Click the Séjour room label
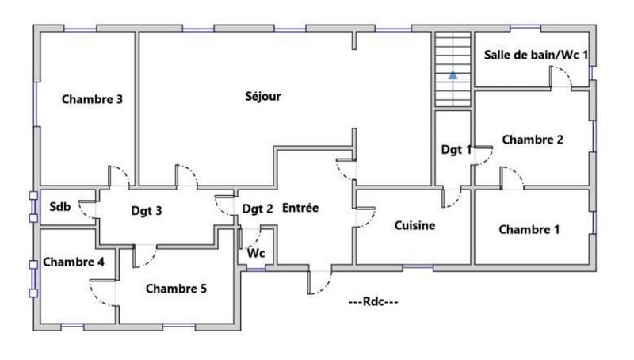pyautogui.click(x=263, y=97)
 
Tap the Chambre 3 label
pyautogui.click(x=92, y=100)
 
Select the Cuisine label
pyautogui.click(x=414, y=226)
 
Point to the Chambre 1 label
pyautogui.click(x=529, y=230)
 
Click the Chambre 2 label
pyautogui.click(x=533, y=140)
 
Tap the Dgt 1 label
pyautogui.click(x=456, y=149)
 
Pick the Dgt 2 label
pyautogui.click(x=258, y=209)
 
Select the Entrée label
pyautogui.click(x=300, y=209)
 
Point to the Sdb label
pyautogui.click(x=60, y=208)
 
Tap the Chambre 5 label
pyautogui.click(x=176, y=289)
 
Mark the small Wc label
pyautogui.click(x=256, y=254)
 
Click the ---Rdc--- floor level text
pyautogui.click(x=373, y=302)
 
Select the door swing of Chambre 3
pyautogui.click(x=117, y=176)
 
